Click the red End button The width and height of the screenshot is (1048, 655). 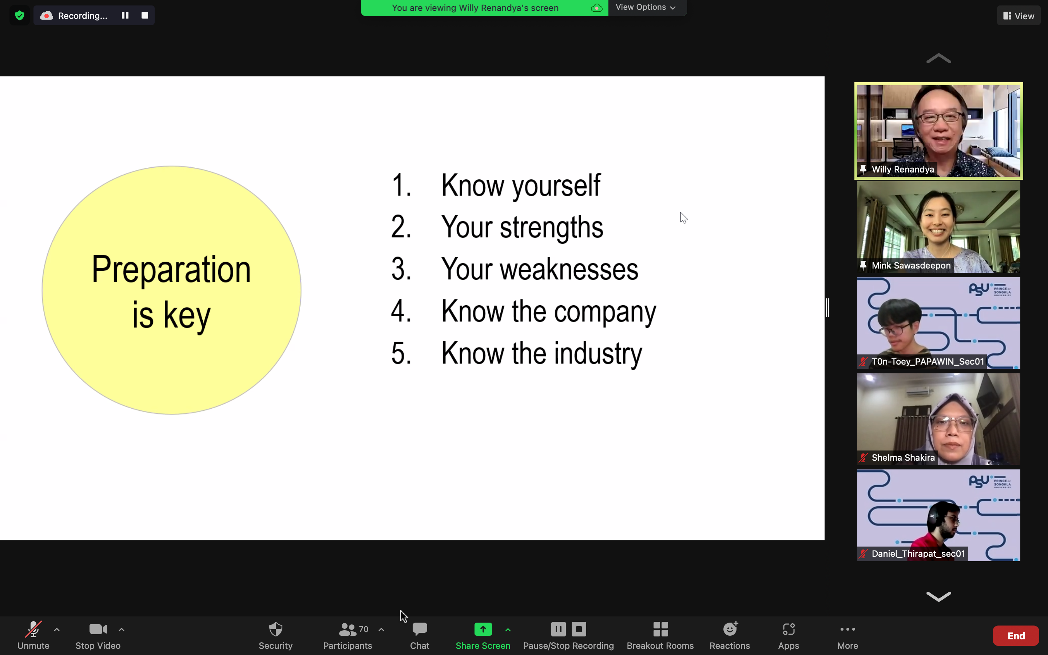[x=1016, y=635]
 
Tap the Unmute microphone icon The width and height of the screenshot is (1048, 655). [x=33, y=629]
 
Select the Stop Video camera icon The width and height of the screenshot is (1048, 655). [x=98, y=629]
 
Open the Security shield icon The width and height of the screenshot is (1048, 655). [x=276, y=629]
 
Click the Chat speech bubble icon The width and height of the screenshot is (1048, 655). [x=420, y=629]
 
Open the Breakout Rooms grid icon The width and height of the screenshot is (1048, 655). [x=660, y=629]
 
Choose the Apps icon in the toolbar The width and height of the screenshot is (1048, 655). [x=789, y=629]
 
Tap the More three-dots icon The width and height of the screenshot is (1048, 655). [x=847, y=629]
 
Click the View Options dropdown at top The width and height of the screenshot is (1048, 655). [x=646, y=7]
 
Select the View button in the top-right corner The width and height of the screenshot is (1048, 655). [x=1019, y=16]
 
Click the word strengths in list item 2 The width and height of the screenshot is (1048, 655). [x=551, y=227]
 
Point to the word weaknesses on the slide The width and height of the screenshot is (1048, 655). [x=569, y=269]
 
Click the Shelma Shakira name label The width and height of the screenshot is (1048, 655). [x=903, y=457]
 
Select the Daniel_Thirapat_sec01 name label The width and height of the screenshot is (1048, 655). [x=918, y=553]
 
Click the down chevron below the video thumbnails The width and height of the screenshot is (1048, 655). [x=938, y=596]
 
